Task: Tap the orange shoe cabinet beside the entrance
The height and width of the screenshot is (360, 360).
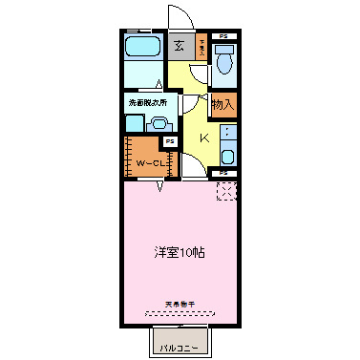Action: [x=201, y=49]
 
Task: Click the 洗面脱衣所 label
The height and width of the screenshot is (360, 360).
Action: [x=143, y=101]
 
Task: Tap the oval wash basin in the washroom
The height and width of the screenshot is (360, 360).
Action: [x=159, y=122]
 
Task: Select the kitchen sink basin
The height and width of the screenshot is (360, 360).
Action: [x=227, y=157]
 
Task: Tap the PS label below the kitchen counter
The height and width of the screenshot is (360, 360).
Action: [x=222, y=173]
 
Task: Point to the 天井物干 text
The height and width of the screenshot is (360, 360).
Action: [x=179, y=304]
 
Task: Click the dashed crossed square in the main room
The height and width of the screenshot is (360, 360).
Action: [x=226, y=191]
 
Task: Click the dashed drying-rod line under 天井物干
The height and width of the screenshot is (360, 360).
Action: [x=179, y=311]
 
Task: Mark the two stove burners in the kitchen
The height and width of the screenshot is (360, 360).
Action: [x=227, y=135]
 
